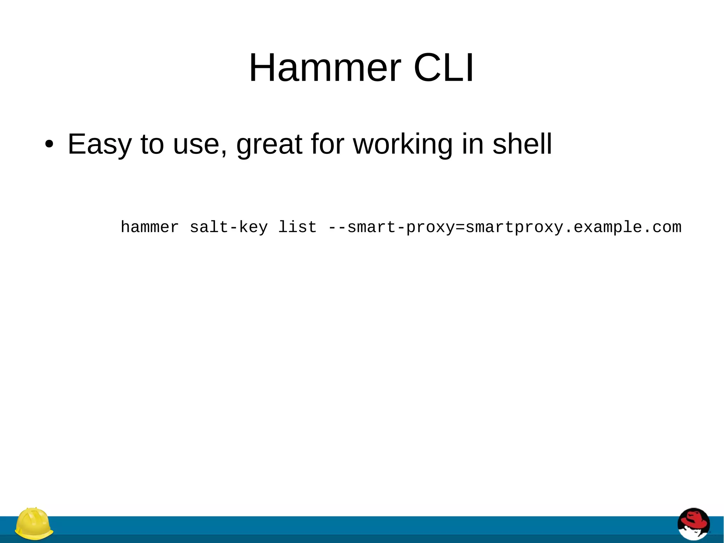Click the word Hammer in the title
(325, 68)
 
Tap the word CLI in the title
(443, 68)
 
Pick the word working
(403, 144)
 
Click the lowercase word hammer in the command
(150, 227)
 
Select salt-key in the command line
(229, 227)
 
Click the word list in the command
(297, 227)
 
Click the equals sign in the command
(460, 227)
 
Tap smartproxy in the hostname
(514, 227)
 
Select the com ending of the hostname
(667, 227)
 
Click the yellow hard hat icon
(34, 524)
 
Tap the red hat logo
(694, 525)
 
